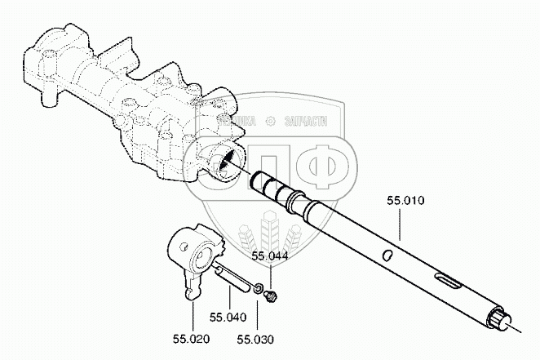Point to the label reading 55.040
[x=227, y=318]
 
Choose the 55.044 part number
[x=269, y=256]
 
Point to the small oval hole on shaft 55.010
[x=389, y=256]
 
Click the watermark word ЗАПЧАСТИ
[x=308, y=121]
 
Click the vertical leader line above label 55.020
[x=192, y=315]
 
